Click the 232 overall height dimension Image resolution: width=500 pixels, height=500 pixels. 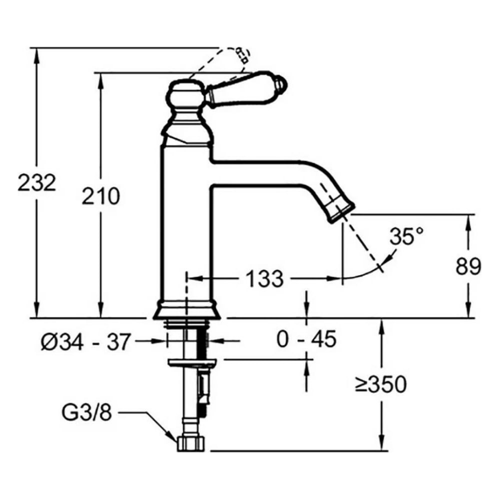tap(36, 182)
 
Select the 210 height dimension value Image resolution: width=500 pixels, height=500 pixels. tap(101, 196)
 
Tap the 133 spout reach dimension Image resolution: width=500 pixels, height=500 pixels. tap(264, 278)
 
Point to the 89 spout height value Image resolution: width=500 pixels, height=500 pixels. tap(468, 266)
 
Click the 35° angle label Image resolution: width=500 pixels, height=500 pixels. tap(407, 236)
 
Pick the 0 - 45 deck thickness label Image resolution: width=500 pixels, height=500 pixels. tap(306, 338)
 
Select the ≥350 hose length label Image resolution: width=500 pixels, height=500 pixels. tap(380, 384)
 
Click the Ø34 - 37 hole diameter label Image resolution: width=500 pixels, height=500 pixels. tap(86, 341)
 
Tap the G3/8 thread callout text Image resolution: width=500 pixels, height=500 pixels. tap(86, 412)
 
